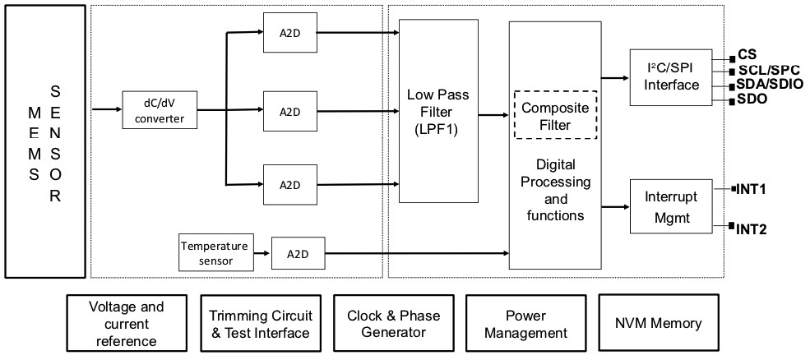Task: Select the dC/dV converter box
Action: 160,110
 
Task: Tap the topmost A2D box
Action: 288,33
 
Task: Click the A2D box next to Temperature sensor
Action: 297,254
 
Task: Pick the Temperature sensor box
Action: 214,253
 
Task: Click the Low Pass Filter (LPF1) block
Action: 438,111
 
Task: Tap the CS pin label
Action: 747,55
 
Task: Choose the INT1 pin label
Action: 752,188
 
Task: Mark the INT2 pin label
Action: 752,229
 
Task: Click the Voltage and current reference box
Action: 126,324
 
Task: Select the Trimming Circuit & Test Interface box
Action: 259,324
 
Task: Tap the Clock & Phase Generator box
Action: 393,324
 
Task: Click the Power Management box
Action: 525,324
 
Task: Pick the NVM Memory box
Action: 658,322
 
